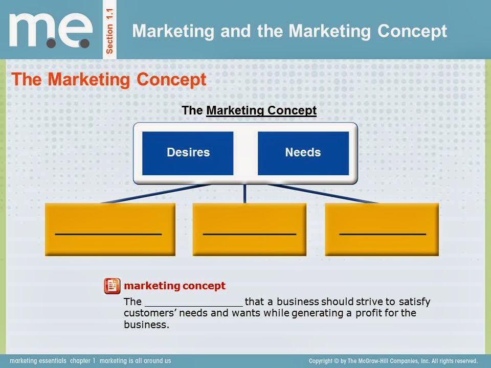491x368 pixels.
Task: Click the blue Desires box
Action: [188, 153]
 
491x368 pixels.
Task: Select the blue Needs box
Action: [303, 153]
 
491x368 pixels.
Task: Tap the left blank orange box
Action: [110, 228]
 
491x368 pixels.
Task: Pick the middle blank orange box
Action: [249, 228]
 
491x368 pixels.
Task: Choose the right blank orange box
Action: [382, 228]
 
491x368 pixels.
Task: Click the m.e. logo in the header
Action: [50, 30]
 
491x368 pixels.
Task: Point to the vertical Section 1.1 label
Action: [109, 30]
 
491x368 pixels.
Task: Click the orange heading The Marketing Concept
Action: [109, 80]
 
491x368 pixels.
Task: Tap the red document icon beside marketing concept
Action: [112, 286]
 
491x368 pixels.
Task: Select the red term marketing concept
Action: [174, 286]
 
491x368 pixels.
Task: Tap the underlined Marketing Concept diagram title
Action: [261, 110]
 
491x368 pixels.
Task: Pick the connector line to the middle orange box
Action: [245, 193]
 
